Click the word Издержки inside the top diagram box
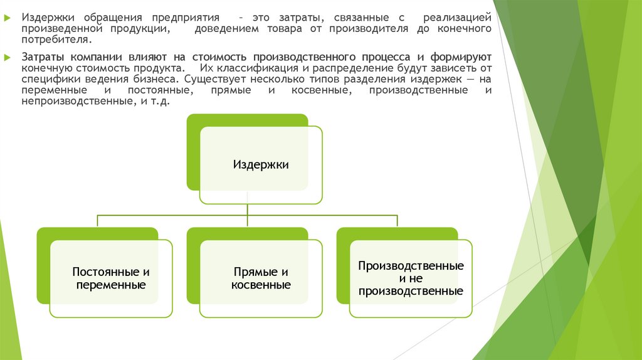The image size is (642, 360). [x=261, y=165]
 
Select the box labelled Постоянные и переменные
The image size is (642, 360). [x=111, y=278]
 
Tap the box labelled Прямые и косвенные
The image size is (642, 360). [x=261, y=278]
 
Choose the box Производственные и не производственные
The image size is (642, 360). [x=411, y=278]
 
